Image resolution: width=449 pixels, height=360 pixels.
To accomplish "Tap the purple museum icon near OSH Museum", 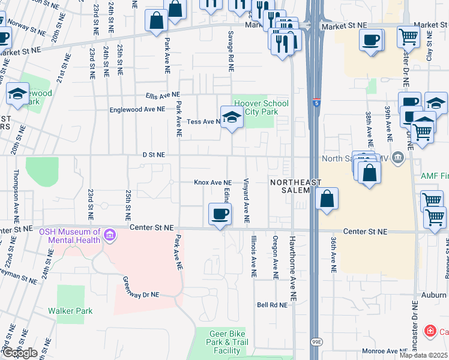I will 109,234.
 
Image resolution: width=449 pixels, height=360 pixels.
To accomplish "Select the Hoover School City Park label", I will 261,108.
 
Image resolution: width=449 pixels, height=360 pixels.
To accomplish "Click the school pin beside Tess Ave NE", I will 231,118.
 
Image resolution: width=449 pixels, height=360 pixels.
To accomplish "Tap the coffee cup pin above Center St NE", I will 219,214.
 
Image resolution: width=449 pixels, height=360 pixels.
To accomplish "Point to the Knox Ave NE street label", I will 212,182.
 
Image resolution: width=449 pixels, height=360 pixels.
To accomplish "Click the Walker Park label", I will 71,311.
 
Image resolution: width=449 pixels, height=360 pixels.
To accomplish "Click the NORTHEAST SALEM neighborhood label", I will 296,186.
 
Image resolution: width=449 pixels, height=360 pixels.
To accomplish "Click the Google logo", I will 19,353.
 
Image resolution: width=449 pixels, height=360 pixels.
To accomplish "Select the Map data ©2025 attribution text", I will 424,355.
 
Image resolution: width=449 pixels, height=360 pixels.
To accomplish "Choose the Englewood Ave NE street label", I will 137,110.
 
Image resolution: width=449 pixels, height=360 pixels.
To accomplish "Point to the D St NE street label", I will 153,155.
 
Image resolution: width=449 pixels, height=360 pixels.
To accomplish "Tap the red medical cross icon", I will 430,331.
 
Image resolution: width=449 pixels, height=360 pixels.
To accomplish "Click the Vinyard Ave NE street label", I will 247,201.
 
